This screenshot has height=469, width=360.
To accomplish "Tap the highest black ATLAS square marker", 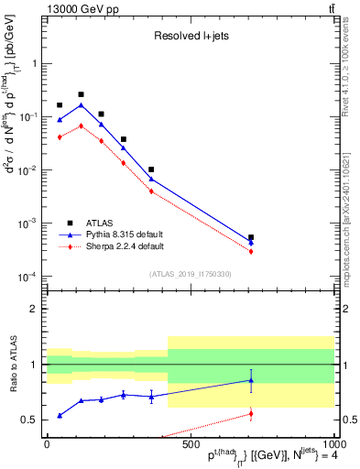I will [82, 94].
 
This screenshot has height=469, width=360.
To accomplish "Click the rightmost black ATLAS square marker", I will [251, 237].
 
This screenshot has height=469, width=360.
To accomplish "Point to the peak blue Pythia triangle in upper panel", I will [82, 105].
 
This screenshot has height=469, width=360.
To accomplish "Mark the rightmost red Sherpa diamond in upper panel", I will [251, 251].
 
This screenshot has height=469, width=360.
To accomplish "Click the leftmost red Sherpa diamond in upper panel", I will [60, 136].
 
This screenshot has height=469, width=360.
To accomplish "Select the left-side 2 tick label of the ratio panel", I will [35, 309].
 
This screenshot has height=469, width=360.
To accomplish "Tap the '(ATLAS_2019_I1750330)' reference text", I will [191, 274].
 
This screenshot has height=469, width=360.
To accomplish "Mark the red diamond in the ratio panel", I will [251, 414].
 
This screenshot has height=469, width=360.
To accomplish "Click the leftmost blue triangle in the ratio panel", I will [60, 415].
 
